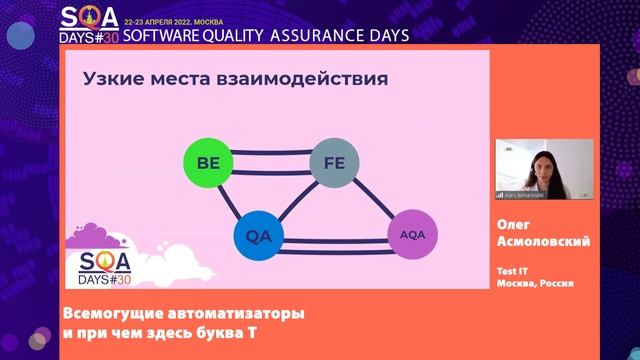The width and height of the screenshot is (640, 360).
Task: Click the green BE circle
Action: pos(208,163)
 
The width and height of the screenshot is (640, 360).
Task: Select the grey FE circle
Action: pos(334,163)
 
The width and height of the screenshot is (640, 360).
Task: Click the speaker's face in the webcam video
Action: pos(543,159)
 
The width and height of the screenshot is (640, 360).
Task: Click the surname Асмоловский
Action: pos(544,243)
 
